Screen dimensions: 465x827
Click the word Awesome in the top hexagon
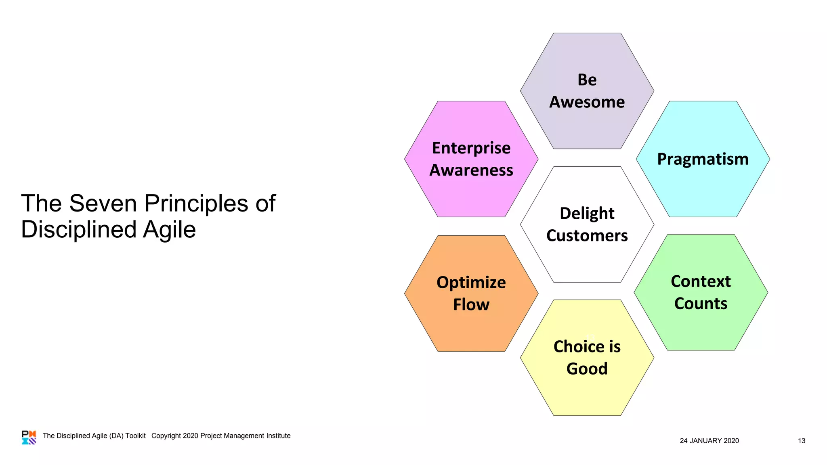coord(587,102)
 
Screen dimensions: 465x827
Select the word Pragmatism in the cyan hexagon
coord(703,159)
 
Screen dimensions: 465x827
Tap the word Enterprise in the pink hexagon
coord(471,148)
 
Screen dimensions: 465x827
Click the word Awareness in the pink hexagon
coord(471,170)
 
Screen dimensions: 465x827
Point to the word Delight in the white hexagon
coord(587,214)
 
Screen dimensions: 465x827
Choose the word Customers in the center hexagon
coord(587,236)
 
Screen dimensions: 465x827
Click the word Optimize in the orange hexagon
coord(471,283)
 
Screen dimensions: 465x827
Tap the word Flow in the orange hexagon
coord(471,305)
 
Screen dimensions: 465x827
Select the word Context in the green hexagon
coord(701,281)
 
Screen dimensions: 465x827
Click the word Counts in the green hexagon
coord(701,304)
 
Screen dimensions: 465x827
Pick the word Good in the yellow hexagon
coord(587,369)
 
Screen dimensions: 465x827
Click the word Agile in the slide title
coord(169,230)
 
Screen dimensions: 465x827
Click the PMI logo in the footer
coord(29,437)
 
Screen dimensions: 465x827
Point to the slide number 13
coord(801,441)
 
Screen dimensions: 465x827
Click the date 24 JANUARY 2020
coord(709,441)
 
